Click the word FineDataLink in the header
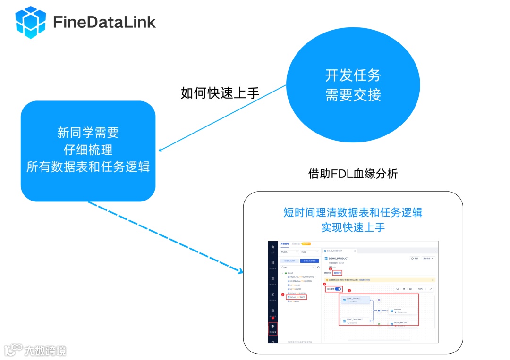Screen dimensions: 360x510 click(x=104, y=22)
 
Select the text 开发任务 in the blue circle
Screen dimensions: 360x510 click(x=353, y=75)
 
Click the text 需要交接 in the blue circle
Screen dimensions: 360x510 click(x=353, y=95)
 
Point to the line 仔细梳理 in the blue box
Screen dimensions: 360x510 click(x=88, y=150)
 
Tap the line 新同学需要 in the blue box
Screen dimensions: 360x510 click(x=88, y=133)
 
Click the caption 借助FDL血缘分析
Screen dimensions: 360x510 click(x=353, y=174)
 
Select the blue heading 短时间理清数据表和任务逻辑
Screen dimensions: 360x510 click(x=353, y=212)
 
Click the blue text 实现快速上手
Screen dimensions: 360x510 click(x=353, y=227)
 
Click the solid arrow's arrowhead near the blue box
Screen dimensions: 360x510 click(x=161, y=151)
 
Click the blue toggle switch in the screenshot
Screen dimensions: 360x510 click(x=338, y=289)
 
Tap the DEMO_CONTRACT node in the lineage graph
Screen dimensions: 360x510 click(x=354, y=321)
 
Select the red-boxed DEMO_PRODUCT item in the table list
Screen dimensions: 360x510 click(x=297, y=297)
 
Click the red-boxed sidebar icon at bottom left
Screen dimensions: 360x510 click(x=273, y=327)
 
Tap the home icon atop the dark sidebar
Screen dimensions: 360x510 click(x=272, y=247)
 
